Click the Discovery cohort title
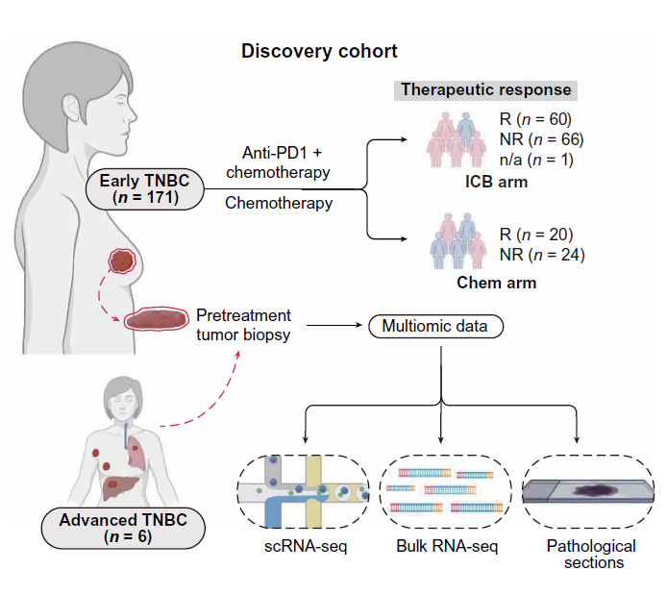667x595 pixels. pyautogui.click(x=319, y=51)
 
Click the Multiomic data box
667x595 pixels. pyautogui.click(x=434, y=326)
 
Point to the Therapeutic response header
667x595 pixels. pyautogui.click(x=486, y=90)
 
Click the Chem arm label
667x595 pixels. pyautogui.click(x=497, y=283)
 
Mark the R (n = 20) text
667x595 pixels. pyautogui.click(x=535, y=236)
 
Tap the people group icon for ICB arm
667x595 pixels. pyautogui.click(x=456, y=139)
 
